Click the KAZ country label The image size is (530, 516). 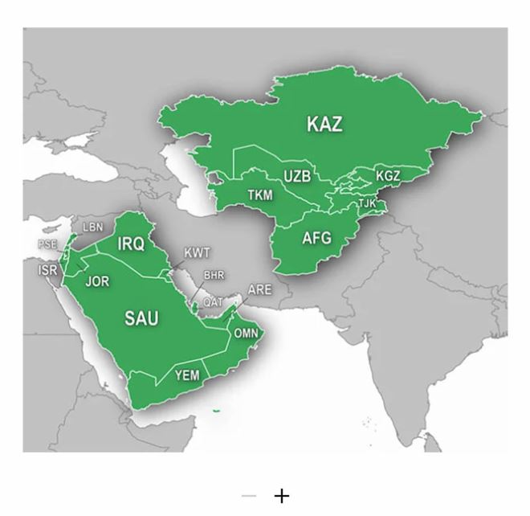pos(324,124)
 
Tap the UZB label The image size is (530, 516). pos(296,174)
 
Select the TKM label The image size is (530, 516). pos(260,195)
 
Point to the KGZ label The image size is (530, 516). pos(388,176)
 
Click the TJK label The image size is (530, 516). pos(367,203)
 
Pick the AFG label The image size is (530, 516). pos(316,238)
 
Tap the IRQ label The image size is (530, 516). pos(131,244)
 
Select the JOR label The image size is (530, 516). pos(97,281)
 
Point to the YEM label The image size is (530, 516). pos(187,375)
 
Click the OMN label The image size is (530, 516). pos(246,333)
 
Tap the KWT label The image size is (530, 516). pos(197,253)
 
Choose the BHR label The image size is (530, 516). pos(214,275)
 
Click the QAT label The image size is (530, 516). pos(213,301)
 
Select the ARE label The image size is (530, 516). pos(259,289)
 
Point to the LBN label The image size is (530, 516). pos(93,227)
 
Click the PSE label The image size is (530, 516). pos(47,244)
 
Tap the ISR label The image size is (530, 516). pos(47,271)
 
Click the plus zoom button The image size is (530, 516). pos(281,496)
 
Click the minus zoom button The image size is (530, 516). pos(248,496)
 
